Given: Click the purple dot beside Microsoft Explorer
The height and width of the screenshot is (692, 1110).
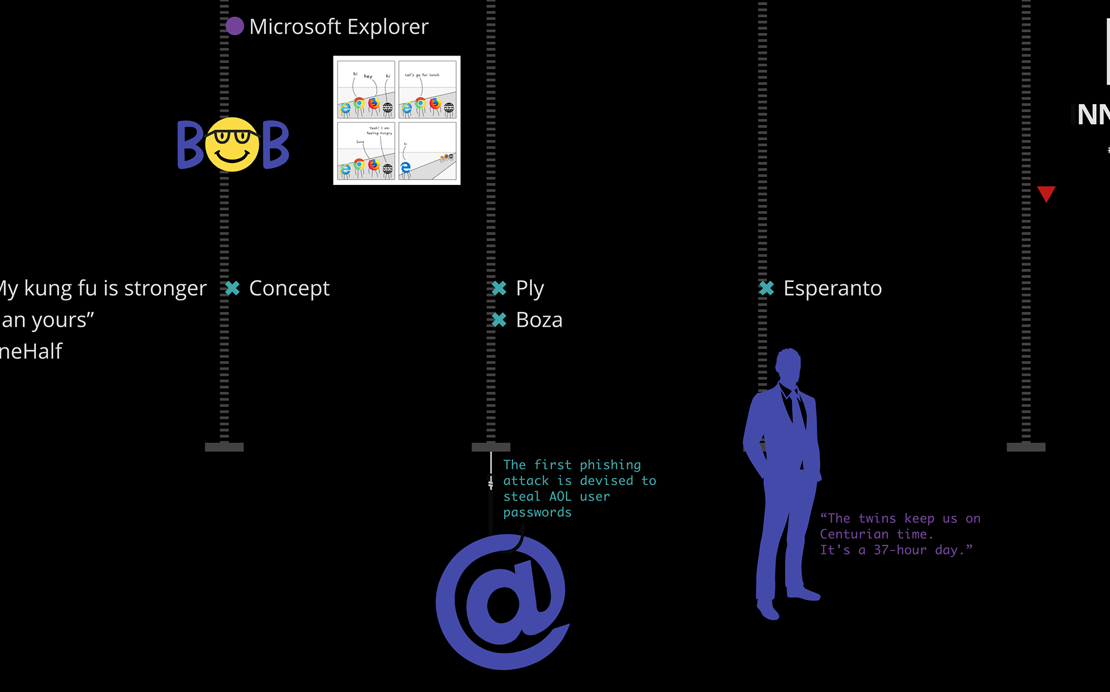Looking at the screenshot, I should point(234,26).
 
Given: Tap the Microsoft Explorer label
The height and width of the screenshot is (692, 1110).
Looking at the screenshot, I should point(339,27).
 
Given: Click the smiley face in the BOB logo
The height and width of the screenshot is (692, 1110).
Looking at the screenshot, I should point(232,145).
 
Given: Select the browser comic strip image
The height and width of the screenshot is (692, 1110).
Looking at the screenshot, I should point(397,120).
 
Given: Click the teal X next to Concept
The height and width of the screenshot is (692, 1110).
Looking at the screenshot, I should point(232,288).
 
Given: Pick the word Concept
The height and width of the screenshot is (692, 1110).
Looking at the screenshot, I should point(289,288).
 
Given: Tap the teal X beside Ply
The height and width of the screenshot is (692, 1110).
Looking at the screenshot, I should point(499,288).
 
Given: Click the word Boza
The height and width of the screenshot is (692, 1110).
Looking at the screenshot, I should point(539,320).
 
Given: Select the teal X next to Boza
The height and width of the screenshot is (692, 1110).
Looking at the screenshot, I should point(499,320).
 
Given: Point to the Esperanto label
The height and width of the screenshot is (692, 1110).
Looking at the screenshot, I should point(832,288).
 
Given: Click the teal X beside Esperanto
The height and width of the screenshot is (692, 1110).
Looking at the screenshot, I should point(766,288).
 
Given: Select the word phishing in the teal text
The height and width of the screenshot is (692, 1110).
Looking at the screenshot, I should point(610,465).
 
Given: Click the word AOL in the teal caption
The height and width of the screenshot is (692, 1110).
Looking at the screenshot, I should point(560,497).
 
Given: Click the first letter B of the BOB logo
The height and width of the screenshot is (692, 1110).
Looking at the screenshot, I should point(190,145).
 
